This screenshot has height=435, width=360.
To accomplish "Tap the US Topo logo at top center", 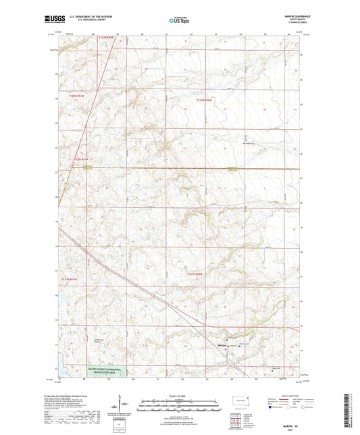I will [x=178, y=21].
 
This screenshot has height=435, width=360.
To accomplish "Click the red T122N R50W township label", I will [x=203, y=101].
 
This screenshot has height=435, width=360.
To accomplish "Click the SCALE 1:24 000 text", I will [x=179, y=396].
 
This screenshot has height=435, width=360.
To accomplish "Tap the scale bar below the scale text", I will [x=179, y=402].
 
